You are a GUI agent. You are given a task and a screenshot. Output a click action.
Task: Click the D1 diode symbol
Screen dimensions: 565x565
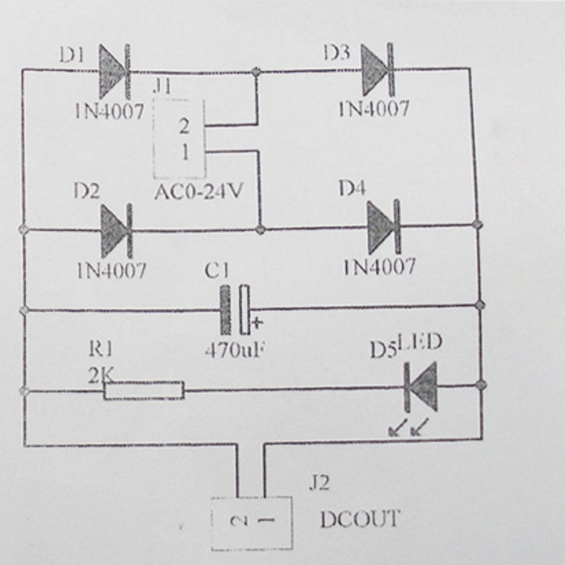click(x=114, y=71)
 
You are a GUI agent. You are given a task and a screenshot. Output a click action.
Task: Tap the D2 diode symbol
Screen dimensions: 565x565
click(x=115, y=230)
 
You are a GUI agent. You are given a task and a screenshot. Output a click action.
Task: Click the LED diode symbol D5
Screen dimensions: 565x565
click(x=421, y=386)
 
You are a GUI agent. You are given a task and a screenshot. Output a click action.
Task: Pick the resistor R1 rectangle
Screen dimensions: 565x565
click(x=144, y=391)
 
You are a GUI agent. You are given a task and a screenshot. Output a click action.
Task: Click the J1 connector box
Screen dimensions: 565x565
click(x=179, y=139)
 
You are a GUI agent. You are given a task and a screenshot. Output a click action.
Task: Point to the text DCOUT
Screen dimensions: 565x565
click(x=359, y=519)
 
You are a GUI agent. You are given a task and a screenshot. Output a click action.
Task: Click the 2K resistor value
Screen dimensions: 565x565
click(x=100, y=373)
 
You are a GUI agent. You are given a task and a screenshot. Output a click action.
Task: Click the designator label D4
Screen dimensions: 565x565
click(x=351, y=188)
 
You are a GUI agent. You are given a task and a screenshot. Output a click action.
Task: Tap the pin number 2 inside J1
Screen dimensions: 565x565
click(x=185, y=126)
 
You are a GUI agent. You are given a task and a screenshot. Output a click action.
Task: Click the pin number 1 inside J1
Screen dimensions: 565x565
click(x=185, y=152)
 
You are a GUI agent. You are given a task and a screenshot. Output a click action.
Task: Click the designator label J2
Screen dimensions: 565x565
click(x=320, y=483)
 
